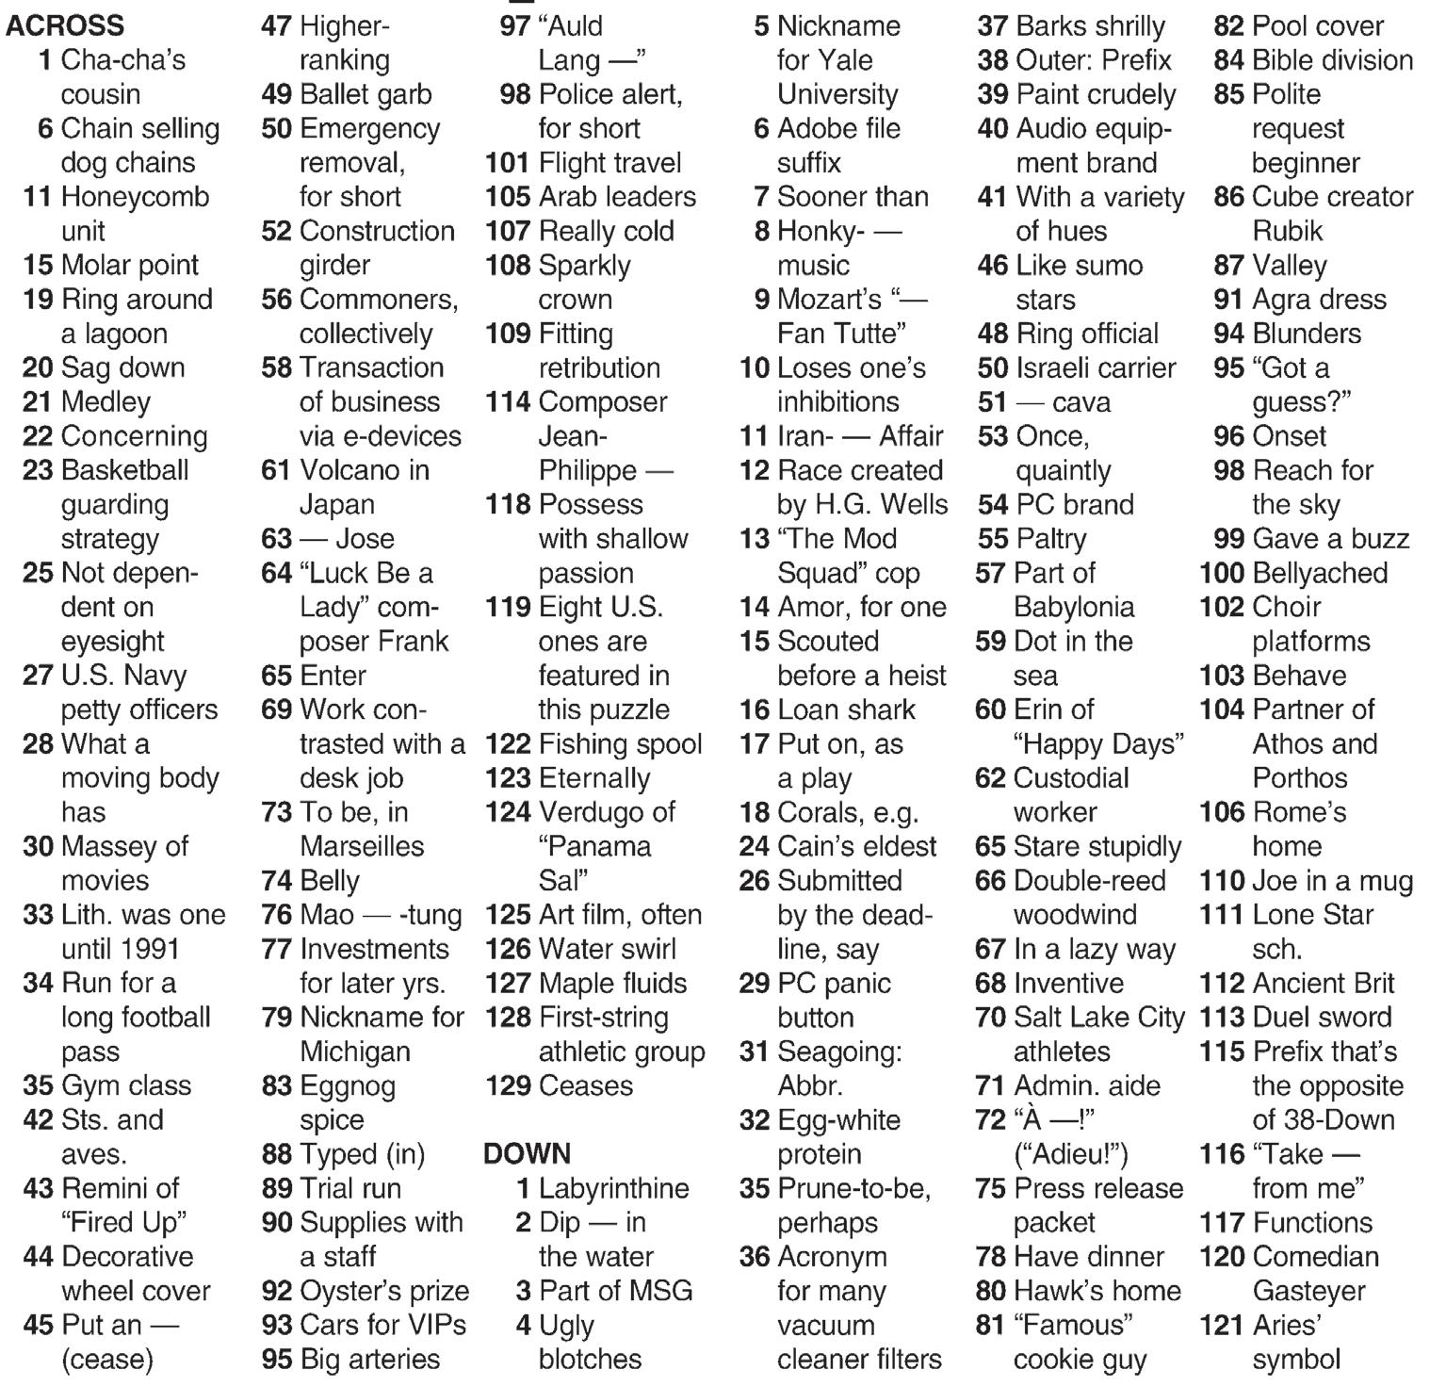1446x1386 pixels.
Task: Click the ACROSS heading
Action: click(65, 25)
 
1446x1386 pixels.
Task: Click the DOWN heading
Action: click(527, 1153)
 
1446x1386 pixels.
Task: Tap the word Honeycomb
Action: click(135, 197)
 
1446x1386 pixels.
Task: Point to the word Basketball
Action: click(124, 470)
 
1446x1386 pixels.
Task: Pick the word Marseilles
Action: click(362, 846)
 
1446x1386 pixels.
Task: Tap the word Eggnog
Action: click(347, 1085)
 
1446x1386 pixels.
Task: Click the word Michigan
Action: click(354, 1052)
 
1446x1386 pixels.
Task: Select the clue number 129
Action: click(508, 1085)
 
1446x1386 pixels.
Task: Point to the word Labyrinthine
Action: click(613, 1188)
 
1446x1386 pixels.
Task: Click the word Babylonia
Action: click(1074, 607)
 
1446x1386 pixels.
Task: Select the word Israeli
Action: click(1058, 367)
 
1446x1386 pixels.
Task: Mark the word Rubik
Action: click(1287, 231)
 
